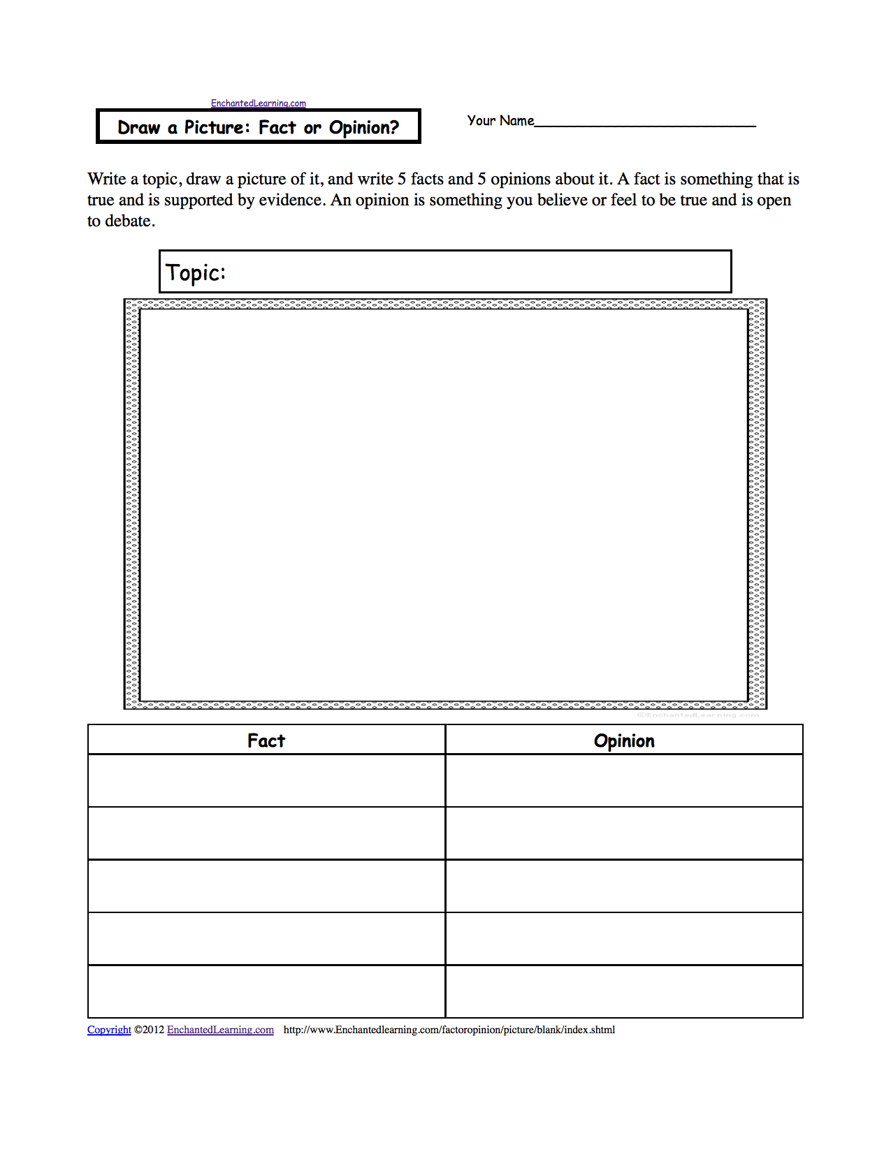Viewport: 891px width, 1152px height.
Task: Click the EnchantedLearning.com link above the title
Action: [259, 103]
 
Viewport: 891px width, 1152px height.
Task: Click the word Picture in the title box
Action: [217, 127]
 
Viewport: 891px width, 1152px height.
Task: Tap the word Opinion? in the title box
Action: [364, 127]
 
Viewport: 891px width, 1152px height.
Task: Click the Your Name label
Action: [500, 121]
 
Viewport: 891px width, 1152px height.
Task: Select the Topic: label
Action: [196, 272]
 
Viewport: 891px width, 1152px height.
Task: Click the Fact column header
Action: [266, 741]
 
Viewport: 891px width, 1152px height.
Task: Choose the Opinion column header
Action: [624, 741]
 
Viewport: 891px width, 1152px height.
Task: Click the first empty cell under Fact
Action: [266, 781]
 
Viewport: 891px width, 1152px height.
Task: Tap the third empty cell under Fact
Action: [266, 886]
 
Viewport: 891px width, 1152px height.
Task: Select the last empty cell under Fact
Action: [266, 991]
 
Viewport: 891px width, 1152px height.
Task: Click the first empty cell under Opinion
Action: [624, 781]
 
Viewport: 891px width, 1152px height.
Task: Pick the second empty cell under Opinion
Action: [624, 833]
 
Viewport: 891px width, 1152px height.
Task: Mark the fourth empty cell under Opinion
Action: [624, 938]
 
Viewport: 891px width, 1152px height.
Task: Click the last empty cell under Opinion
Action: [624, 991]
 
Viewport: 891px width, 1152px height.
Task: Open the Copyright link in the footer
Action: [109, 1030]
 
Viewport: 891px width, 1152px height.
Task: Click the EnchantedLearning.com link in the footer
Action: [220, 1030]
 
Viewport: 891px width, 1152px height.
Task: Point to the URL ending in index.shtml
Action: [449, 1030]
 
